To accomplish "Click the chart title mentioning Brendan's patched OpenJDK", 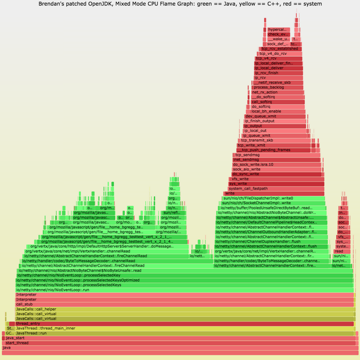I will [x=180, y=4].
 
